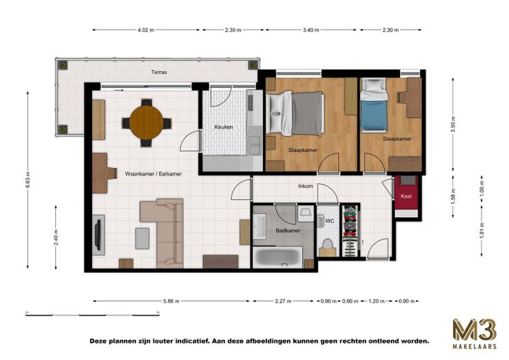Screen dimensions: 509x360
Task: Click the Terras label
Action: tap(159, 72)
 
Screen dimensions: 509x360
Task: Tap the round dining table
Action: tap(147, 122)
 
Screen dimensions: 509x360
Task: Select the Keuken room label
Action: tap(223, 127)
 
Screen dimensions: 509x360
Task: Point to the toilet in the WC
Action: tap(327, 245)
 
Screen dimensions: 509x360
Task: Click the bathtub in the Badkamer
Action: tap(278, 257)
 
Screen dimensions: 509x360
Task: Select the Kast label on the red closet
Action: tap(407, 196)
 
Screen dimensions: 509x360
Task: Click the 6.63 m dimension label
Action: tap(28, 180)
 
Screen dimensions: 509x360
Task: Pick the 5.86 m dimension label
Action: tap(171, 301)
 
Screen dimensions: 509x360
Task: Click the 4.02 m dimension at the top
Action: tap(146, 30)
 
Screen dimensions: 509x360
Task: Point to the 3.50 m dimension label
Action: tap(453, 124)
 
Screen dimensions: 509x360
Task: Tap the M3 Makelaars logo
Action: tap(474, 334)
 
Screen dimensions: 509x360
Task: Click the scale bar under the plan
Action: tap(93, 314)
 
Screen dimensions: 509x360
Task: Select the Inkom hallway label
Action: tap(306, 186)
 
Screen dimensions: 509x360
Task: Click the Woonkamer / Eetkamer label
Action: tap(154, 174)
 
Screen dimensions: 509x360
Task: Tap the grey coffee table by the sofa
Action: tap(142, 238)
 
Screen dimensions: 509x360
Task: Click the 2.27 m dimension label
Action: tap(283, 301)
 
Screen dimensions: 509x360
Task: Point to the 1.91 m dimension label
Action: tap(482, 230)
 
